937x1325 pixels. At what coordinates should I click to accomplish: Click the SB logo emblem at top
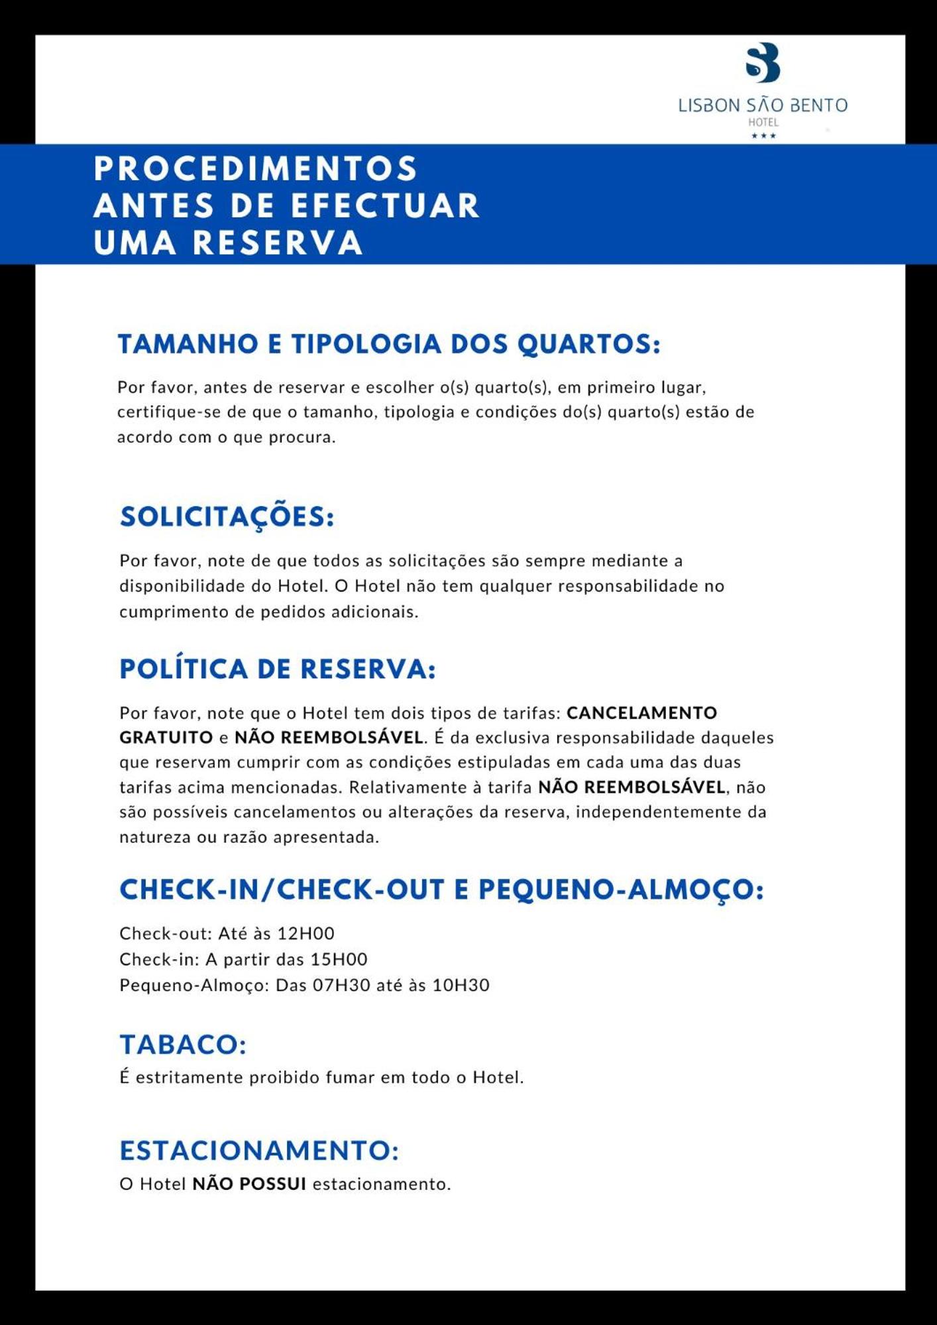[763, 62]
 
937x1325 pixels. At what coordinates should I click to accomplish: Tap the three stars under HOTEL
[763, 136]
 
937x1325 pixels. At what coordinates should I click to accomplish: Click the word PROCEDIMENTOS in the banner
[256, 168]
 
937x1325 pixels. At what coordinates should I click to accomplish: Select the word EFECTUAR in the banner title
[385, 205]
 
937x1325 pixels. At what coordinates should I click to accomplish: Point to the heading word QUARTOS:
[588, 344]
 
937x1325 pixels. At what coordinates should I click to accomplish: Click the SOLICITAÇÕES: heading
[227, 517]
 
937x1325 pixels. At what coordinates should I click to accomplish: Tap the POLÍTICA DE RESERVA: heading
[278, 669]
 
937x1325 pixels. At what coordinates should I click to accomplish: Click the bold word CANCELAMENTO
[641, 713]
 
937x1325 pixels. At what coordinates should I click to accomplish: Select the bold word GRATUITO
[166, 737]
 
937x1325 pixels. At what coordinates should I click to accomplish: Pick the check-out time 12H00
[305, 933]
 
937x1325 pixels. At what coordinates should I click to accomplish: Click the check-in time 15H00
[339, 959]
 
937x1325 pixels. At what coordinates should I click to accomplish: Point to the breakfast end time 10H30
[461, 985]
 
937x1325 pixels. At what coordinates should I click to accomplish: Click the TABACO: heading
[183, 1045]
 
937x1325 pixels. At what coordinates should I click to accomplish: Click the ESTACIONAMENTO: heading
[259, 1151]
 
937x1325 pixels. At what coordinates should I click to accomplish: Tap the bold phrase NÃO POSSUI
[249, 1184]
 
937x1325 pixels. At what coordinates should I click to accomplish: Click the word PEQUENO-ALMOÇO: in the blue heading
[621, 890]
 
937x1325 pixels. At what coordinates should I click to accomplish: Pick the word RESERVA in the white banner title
[278, 243]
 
